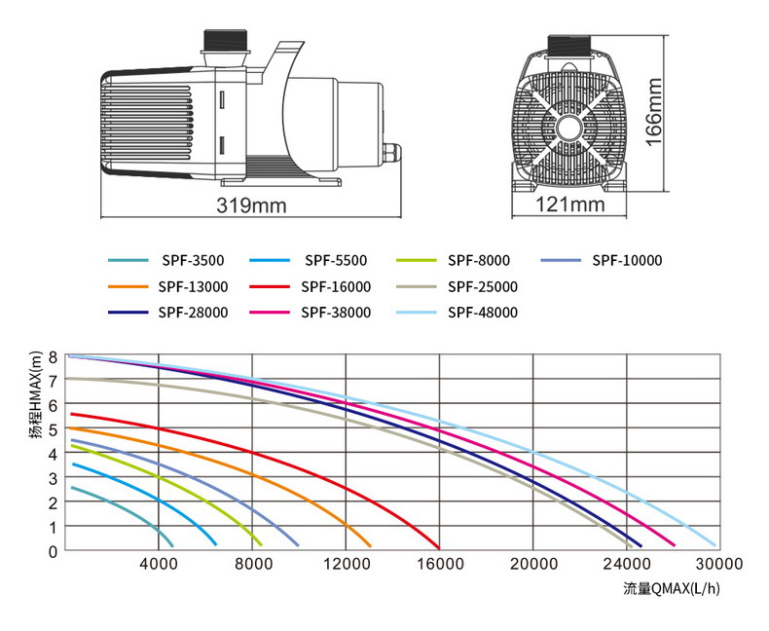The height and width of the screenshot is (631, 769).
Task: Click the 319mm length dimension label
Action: (x=253, y=206)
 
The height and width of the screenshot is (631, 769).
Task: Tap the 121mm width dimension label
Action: (x=570, y=204)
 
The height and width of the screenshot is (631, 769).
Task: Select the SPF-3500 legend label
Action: (x=193, y=261)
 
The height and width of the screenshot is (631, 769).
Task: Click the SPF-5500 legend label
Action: (x=335, y=261)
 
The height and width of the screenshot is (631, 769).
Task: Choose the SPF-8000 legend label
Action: (x=479, y=261)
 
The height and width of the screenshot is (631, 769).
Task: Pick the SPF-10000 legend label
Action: (x=627, y=261)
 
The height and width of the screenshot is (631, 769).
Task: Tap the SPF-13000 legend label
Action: (x=193, y=287)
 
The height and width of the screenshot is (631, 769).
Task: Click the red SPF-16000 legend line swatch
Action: (x=271, y=287)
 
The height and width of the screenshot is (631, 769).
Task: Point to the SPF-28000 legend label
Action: (x=193, y=313)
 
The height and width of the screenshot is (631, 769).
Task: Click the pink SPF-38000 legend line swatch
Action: (x=271, y=313)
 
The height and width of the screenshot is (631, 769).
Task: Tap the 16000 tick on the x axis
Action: (x=439, y=564)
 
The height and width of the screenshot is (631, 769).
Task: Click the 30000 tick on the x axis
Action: (x=720, y=564)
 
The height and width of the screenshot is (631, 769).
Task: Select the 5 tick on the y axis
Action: (x=55, y=428)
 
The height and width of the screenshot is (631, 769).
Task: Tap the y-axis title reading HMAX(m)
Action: (x=35, y=399)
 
